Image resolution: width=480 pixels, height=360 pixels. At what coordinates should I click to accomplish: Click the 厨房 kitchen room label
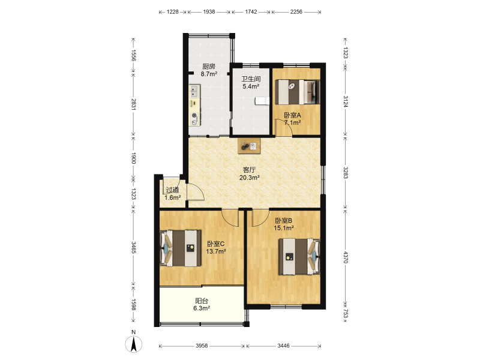pos(209,66)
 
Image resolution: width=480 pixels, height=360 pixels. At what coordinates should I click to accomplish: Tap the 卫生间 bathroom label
pos(251,79)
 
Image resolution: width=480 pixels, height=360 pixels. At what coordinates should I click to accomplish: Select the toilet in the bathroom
pos(262,100)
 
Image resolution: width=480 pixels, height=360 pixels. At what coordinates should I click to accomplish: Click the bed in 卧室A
pos(298,92)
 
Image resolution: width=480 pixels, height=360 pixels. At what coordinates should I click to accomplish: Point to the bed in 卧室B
pos(299,257)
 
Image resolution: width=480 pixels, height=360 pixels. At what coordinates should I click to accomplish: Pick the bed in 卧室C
pos(181,248)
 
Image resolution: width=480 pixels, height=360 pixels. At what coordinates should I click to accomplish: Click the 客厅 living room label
pos(249,170)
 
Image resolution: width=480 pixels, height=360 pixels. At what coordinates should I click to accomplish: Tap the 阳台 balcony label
pos(202,301)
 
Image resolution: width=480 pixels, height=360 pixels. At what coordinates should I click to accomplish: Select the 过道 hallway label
pos(172,190)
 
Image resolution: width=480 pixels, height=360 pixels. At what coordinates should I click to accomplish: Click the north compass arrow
pos(133,343)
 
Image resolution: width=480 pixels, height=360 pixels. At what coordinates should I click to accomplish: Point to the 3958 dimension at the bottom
pos(202,346)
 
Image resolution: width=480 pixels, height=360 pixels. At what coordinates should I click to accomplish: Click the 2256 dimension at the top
pos(296,11)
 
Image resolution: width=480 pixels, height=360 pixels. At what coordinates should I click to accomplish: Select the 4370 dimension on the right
pos(346,257)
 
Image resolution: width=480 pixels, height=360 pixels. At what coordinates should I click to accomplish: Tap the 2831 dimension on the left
pos(133,104)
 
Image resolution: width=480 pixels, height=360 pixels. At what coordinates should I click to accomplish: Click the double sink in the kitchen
pos(194,91)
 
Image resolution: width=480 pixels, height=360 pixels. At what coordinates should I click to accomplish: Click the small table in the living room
pos(249,146)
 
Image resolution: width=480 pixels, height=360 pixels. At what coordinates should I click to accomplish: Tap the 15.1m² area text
pos(284,228)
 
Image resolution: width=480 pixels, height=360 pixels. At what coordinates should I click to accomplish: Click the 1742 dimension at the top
pos(251,11)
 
